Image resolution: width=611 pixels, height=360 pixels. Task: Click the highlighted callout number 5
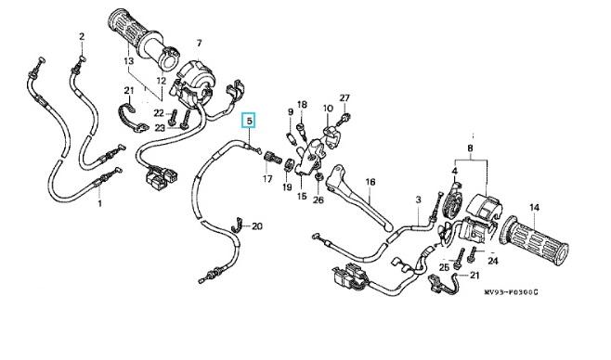pyautogui.click(x=250, y=121)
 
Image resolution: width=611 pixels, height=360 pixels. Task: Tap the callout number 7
pyautogui.click(x=199, y=43)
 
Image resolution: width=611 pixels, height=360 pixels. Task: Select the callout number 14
pyautogui.click(x=535, y=208)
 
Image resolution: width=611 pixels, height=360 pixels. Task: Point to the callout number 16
pyautogui.click(x=370, y=182)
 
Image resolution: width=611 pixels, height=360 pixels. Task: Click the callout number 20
pyautogui.click(x=257, y=225)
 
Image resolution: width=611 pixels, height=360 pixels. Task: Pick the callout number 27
pyautogui.click(x=344, y=98)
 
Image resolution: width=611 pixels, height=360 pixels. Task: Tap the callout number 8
pyautogui.click(x=470, y=148)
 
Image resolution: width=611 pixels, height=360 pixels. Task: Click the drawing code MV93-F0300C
pyautogui.click(x=512, y=292)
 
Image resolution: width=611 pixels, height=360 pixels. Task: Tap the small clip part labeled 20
pyautogui.click(x=237, y=225)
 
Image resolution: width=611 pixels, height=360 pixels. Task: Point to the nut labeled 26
pyautogui.click(x=318, y=177)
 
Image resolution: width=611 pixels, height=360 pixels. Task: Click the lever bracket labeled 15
pyautogui.click(x=308, y=159)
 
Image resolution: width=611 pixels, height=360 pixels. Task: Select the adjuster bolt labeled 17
pyautogui.click(x=272, y=159)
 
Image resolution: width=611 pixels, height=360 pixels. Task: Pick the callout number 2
pyautogui.click(x=82, y=36)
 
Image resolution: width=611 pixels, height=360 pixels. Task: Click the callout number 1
pyautogui.click(x=99, y=203)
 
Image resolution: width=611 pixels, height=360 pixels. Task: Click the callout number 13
pyautogui.click(x=128, y=60)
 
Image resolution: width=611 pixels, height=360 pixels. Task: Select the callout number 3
pyautogui.click(x=418, y=199)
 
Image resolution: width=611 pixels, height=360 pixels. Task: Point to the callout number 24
pyautogui.click(x=493, y=261)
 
